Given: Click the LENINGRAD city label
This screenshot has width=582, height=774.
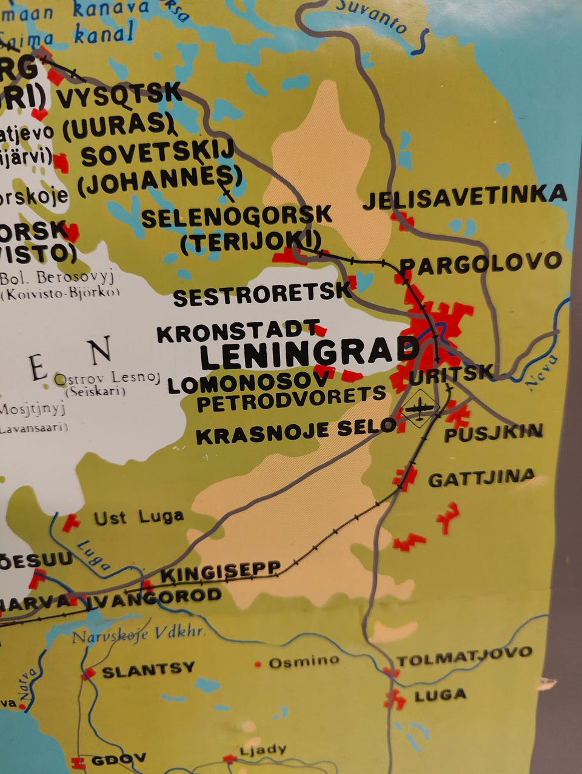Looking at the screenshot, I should [309, 353].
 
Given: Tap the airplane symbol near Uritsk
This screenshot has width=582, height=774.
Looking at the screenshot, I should [421, 408].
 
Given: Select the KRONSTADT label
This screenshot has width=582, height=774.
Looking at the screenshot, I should [238, 331].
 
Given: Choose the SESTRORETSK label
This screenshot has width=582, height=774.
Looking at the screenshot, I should [262, 295].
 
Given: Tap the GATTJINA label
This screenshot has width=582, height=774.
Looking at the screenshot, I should [481, 478].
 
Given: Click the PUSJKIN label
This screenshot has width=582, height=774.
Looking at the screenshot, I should [493, 433].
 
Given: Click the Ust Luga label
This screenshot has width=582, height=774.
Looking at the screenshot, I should [138, 518].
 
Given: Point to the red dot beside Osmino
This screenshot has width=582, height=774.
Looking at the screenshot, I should [258, 664].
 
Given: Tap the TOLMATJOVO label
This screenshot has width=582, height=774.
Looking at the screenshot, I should [464, 656].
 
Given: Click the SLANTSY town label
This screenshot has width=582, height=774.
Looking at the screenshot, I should [148, 670].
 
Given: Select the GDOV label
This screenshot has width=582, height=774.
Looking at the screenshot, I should [118, 759].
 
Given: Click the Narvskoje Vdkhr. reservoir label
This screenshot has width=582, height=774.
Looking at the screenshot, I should [138, 635].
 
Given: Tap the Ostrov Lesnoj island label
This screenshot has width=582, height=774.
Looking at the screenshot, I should [108, 379].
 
